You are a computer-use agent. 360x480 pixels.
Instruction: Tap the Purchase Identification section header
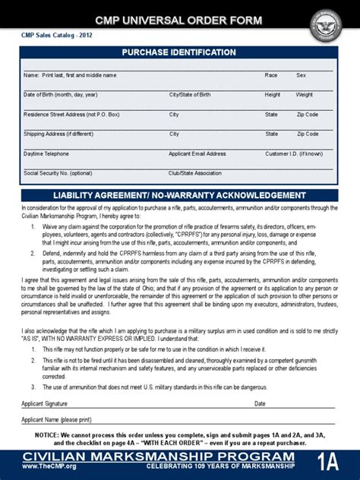[x=179, y=52]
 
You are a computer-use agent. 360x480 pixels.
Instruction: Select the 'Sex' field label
[x=301, y=75]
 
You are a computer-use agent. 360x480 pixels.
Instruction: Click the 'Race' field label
[x=271, y=75]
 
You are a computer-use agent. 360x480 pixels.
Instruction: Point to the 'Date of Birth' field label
[x=61, y=95]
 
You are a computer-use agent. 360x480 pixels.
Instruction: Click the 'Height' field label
[x=273, y=95]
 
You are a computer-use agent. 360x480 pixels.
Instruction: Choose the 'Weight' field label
[x=304, y=95]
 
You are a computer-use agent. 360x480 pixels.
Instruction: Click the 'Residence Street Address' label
[x=71, y=115]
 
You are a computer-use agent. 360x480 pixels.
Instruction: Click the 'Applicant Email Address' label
[x=197, y=153]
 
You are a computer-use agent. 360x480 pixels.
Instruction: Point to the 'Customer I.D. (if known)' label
[x=294, y=153]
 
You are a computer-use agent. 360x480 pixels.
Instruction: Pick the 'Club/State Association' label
[x=195, y=172]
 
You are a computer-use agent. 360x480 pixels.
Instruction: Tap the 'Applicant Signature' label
[x=45, y=403]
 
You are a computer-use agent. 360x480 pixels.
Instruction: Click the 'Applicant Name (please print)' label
[x=56, y=419]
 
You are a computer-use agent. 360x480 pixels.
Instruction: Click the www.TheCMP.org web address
[x=49, y=466]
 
